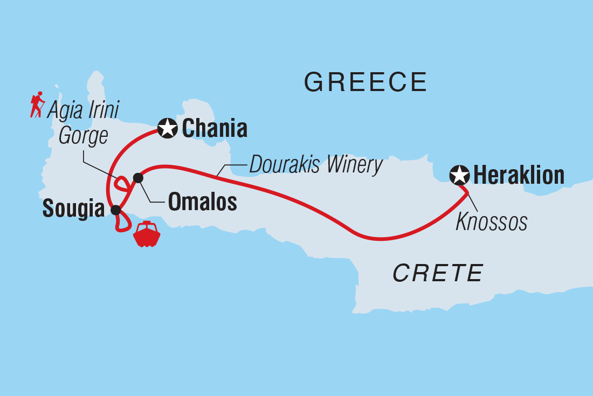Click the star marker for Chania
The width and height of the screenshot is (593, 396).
tap(168, 128)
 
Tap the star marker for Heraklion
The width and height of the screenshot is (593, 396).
tap(459, 175)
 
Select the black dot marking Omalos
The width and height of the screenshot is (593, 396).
tap(138, 178)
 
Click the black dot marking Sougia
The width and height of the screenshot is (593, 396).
tap(115, 210)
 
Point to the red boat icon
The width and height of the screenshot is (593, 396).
tap(147, 234)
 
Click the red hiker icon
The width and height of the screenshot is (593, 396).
tap(37, 105)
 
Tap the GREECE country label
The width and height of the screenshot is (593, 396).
tap(366, 82)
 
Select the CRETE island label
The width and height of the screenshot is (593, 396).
tap(437, 273)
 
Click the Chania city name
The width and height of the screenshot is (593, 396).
tap(215, 129)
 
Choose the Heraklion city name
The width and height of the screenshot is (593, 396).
tap(519, 175)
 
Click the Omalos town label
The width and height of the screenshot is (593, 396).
tap(202, 202)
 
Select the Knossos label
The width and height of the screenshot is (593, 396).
tap(491, 221)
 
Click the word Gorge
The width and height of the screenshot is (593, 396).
tap(83, 136)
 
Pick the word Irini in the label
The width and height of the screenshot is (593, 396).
tap(101, 110)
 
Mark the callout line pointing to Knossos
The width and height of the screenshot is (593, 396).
tap(471, 203)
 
